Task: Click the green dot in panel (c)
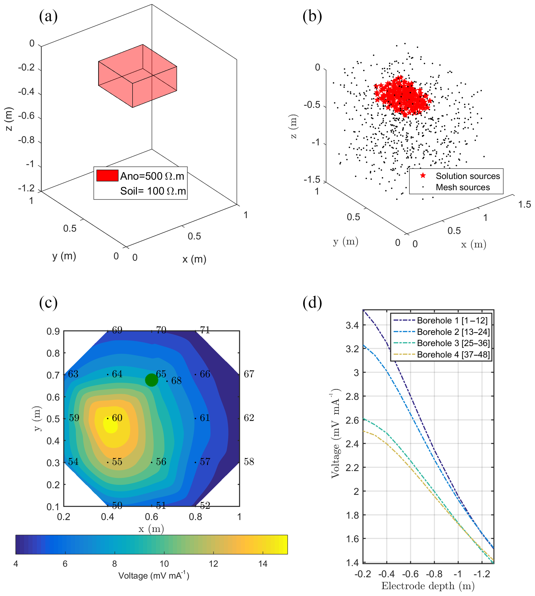[x=151, y=380]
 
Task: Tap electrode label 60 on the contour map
[x=117, y=418]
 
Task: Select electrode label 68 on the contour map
[x=176, y=381]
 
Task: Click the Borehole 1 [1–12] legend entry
[x=452, y=320]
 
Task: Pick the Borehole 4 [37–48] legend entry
[x=453, y=355]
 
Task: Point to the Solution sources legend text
[x=468, y=176]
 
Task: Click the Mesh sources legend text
[x=463, y=187]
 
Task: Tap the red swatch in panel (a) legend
[x=107, y=175]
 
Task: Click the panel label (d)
[x=312, y=303]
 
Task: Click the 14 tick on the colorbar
[x=263, y=564]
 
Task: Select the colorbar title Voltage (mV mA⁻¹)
[x=153, y=576]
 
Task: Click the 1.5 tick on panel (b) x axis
[x=524, y=204]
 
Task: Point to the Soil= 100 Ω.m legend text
[x=153, y=191]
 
